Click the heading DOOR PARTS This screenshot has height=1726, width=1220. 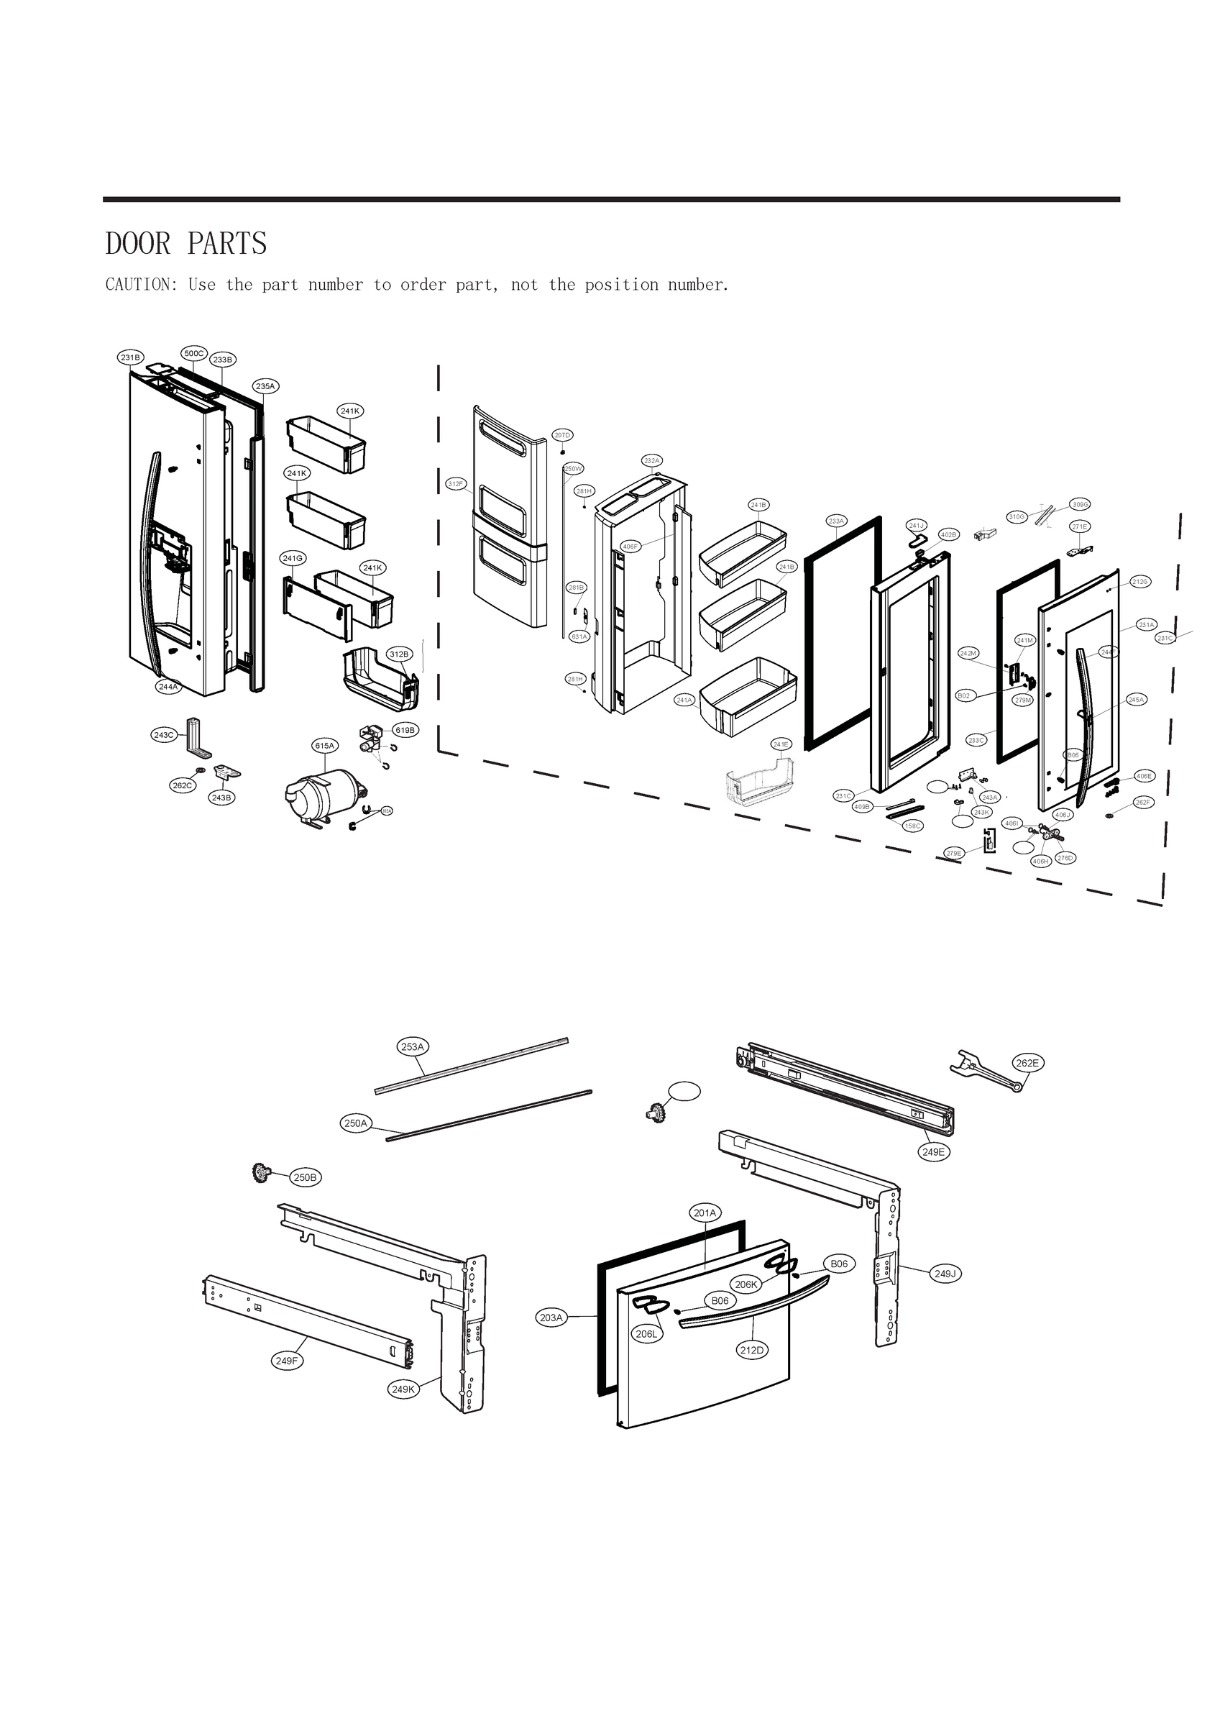[x=185, y=244]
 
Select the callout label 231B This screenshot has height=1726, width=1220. [x=131, y=358]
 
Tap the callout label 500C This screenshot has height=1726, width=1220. [x=194, y=353]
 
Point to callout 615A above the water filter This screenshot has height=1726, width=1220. [x=325, y=746]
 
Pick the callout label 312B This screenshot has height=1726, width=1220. [x=399, y=654]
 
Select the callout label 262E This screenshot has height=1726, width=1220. [x=1027, y=1063]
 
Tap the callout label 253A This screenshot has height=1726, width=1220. [x=413, y=1046]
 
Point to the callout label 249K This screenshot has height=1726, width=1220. [x=403, y=1389]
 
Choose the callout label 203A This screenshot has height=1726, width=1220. [x=551, y=1318]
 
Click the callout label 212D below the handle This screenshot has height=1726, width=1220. [x=752, y=1350]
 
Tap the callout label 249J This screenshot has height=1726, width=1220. [x=945, y=1274]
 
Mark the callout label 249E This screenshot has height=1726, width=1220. [x=933, y=1151]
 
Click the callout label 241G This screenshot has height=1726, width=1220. [x=293, y=558]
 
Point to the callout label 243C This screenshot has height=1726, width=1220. [x=164, y=734]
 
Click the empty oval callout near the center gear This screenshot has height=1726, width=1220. [x=684, y=1091]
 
